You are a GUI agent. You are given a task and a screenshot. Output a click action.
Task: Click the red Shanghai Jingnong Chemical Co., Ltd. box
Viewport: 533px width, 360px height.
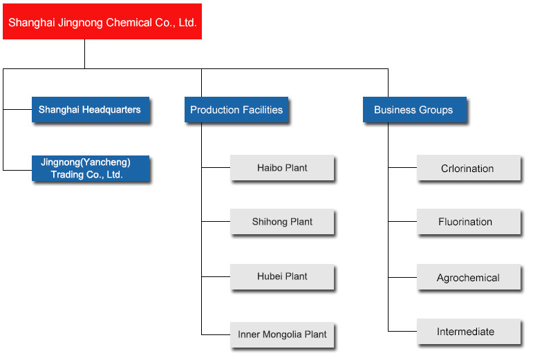point(102,21)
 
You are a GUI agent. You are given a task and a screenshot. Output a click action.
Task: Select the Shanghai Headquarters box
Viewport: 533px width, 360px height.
point(91,109)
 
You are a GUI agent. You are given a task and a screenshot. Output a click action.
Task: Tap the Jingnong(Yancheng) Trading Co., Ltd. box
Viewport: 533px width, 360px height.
point(91,169)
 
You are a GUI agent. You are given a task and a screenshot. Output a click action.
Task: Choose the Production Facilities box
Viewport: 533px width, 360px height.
point(236,109)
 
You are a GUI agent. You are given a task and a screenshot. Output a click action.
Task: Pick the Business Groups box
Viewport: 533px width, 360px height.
point(415,109)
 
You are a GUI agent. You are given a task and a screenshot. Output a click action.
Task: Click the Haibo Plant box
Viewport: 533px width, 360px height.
point(282,167)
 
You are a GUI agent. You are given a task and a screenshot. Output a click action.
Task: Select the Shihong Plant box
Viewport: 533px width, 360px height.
point(282,221)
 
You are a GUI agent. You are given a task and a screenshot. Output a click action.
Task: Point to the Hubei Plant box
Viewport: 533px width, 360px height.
point(282,276)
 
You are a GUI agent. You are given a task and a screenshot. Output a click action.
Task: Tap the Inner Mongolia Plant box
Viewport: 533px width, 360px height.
point(282,334)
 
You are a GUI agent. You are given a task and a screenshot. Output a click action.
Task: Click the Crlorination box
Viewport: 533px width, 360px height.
point(469,168)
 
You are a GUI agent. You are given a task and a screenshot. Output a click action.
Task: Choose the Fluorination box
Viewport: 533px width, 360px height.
point(469,221)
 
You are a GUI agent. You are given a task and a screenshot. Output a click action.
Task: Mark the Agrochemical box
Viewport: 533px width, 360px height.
point(469,277)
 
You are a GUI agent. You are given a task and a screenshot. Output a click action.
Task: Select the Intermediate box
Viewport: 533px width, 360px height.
point(469,331)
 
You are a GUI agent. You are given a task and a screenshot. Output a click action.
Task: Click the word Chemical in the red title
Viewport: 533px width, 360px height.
point(129,22)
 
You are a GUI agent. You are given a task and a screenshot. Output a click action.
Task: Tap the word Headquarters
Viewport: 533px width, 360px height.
point(111,110)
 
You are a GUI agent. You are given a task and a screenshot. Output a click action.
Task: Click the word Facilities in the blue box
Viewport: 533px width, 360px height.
point(262,110)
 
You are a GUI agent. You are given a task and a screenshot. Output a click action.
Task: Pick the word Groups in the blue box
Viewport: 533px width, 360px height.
point(436,110)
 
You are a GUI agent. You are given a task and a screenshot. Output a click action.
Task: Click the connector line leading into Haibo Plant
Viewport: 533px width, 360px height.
point(216,167)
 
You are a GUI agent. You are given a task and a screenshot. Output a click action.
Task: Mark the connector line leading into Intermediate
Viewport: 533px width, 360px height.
point(402,331)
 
